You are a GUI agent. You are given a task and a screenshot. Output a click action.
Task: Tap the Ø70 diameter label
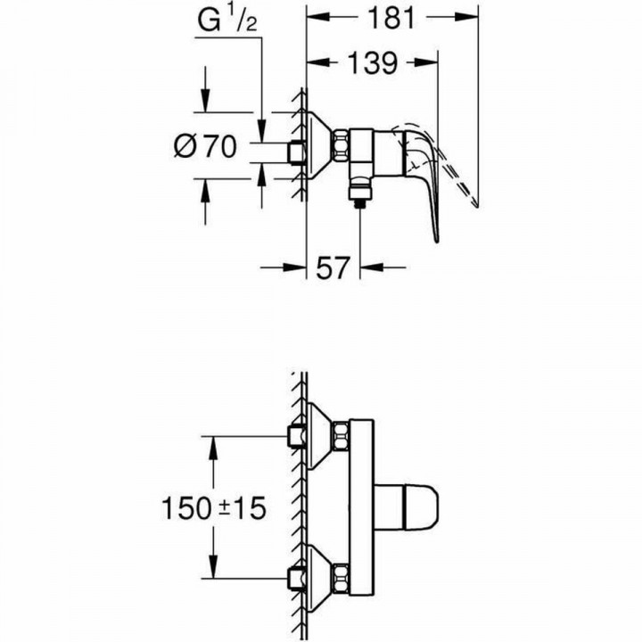coord(206,146)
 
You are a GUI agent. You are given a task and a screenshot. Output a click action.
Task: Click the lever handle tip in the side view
coord(436,239)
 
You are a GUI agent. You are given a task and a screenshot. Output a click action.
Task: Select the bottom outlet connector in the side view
coord(358,192)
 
